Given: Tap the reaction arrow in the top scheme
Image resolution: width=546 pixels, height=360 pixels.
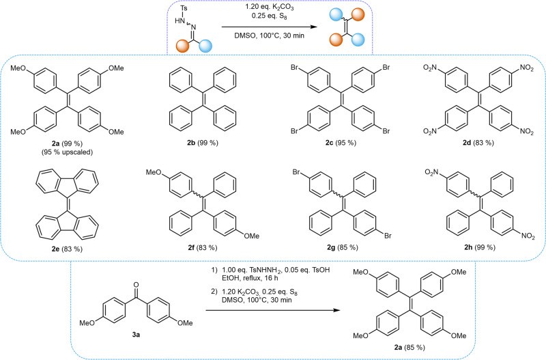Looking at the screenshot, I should click(271, 27).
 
